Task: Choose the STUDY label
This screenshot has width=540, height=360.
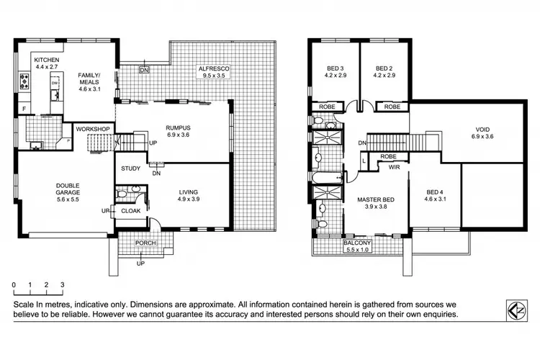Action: pos(130,170)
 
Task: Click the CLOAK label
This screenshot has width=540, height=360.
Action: pos(130,211)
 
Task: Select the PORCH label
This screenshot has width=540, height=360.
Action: pos(145,243)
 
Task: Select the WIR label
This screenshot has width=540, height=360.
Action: pos(394,167)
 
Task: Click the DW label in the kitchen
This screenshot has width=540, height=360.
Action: pos(54,83)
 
